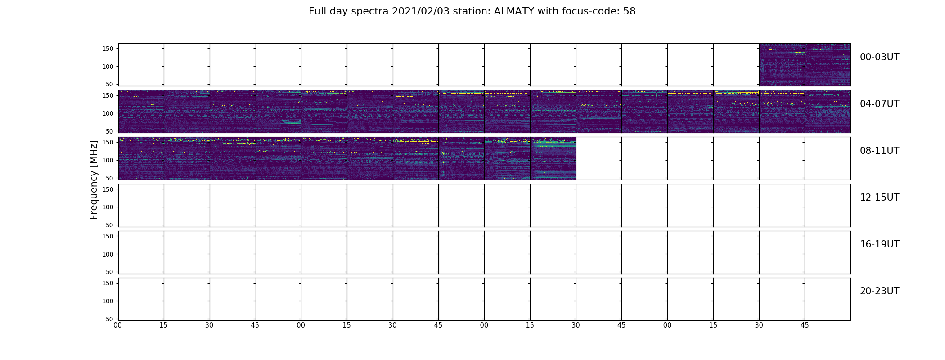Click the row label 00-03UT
[879, 57]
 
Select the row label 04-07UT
[879, 104]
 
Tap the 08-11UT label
[879, 151]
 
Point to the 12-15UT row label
[879, 198]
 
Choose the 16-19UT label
[879, 244]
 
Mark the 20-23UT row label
[879, 291]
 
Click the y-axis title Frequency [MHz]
[94, 180]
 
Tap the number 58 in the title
[630, 11]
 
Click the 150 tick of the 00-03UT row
[108, 49]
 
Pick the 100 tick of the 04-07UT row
[108, 113]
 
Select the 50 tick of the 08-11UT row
[110, 178]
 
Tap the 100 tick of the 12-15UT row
[108, 207]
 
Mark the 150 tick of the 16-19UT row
[108, 236]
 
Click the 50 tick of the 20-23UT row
[110, 319]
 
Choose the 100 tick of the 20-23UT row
[108, 301]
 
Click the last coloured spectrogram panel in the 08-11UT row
[553, 158]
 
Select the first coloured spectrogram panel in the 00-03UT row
[782, 65]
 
